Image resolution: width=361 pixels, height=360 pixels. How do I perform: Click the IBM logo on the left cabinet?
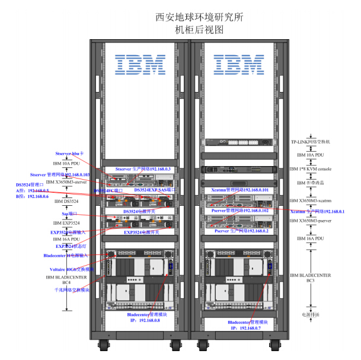(x=140, y=65)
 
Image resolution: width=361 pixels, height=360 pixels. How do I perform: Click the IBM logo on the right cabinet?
(x=239, y=65)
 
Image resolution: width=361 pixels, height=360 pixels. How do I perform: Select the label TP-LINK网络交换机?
(x=314, y=142)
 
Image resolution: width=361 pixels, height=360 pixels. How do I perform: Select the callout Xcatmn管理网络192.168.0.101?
(x=239, y=190)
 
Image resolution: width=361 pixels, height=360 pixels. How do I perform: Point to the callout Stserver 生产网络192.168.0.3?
(x=143, y=169)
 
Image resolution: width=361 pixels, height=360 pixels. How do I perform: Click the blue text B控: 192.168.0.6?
(x=33, y=196)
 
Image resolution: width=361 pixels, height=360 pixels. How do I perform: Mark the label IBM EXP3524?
(x=66, y=222)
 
